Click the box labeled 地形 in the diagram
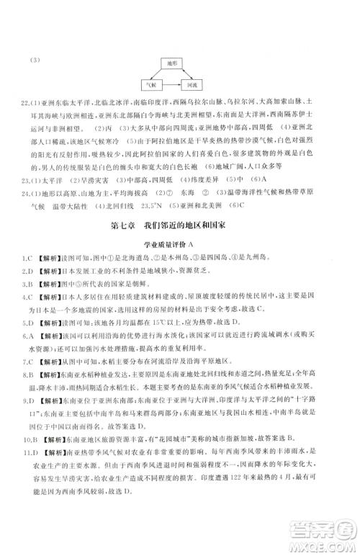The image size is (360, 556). coord(173,63)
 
